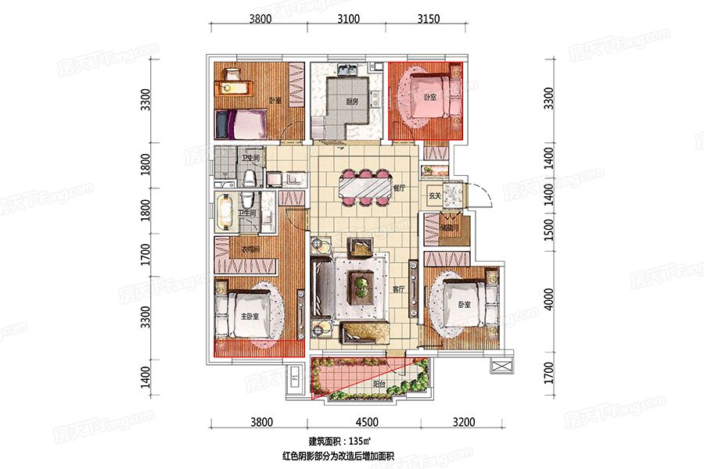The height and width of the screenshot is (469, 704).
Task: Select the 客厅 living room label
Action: tap(399, 289)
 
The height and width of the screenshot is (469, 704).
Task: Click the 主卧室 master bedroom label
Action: tap(249, 317)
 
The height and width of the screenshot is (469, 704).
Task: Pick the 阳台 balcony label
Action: tap(379, 384)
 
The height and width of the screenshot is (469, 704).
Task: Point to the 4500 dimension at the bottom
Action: tap(365, 423)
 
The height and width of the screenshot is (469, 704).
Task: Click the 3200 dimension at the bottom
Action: tap(463, 423)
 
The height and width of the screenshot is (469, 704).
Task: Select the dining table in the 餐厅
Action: tap(365, 188)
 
